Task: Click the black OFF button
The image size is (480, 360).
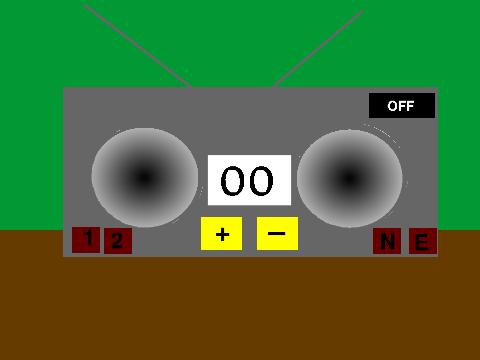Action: (x=402, y=105)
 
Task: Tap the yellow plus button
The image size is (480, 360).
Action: (x=221, y=233)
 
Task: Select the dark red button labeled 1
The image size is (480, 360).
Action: (x=86, y=240)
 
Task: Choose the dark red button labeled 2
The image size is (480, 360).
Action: (x=118, y=241)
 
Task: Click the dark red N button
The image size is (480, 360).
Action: (x=387, y=241)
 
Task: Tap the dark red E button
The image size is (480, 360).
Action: (x=423, y=241)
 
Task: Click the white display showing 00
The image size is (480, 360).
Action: (x=249, y=180)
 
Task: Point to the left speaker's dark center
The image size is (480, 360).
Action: (x=144, y=178)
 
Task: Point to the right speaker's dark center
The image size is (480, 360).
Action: (x=349, y=179)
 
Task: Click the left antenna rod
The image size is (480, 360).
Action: (x=138, y=46)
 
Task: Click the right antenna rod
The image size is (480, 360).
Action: (x=317, y=49)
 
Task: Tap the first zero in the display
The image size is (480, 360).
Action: (x=232, y=181)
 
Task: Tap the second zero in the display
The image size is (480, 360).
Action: (x=261, y=181)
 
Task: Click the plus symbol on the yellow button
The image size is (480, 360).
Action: (x=222, y=234)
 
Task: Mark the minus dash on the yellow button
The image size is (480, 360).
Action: (x=277, y=233)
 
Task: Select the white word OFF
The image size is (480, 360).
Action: (x=401, y=106)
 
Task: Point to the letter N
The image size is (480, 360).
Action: (x=387, y=241)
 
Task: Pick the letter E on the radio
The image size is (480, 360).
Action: (x=422, y=242)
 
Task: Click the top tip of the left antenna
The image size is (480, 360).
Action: (x=85, y=5)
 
